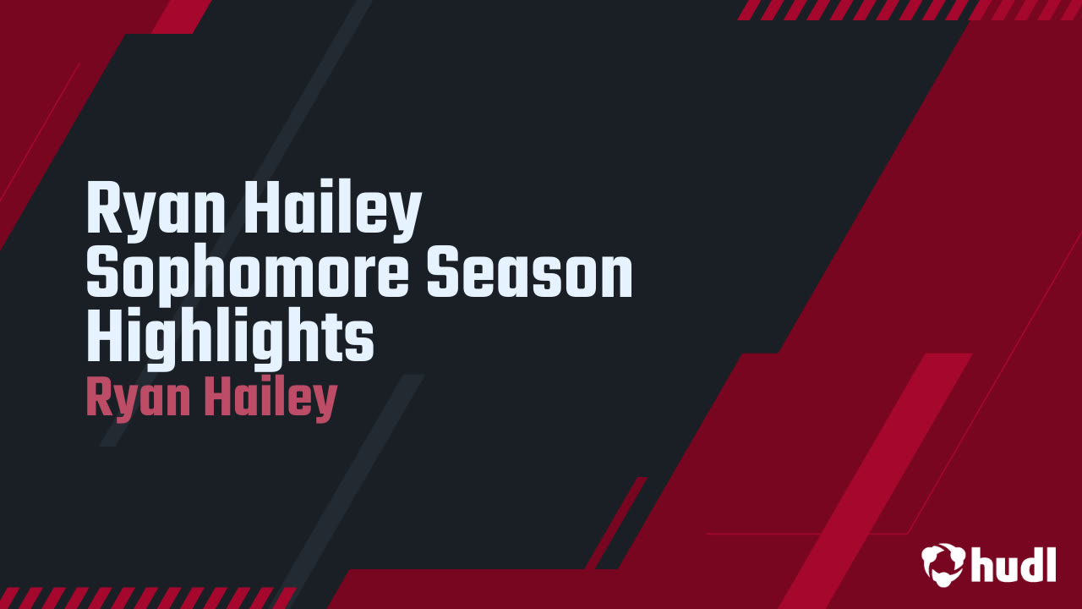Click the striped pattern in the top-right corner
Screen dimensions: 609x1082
click(x=909, y=9)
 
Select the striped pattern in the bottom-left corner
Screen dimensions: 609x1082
click(x=144, y=597)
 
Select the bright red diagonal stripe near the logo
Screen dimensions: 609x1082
click(x=879, y=474)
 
